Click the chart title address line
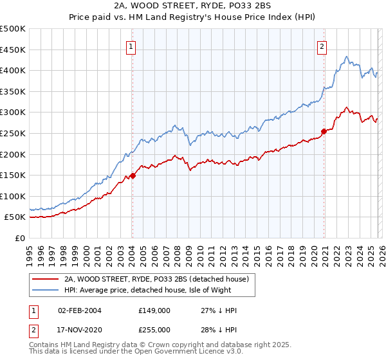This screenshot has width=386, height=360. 192,6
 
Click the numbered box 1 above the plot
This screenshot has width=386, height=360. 131,46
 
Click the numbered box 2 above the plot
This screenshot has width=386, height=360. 322,46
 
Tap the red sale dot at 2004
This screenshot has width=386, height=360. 133,175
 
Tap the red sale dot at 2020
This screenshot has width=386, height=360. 324,131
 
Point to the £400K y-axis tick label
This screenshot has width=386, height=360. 13,71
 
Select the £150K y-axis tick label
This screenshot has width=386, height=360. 13,175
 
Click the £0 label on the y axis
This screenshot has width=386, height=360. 21,239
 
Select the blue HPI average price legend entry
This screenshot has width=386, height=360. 154,290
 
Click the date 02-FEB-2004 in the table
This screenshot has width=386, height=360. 80,310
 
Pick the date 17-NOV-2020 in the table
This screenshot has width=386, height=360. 80,330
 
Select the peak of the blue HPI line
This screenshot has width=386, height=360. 346,57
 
